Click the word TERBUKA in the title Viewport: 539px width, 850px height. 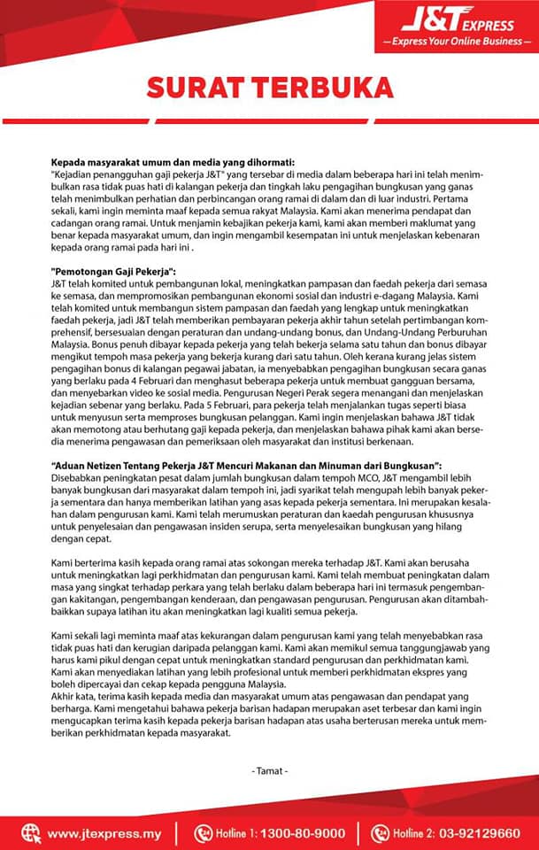tap(321, 87)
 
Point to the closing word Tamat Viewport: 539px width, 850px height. tap(269, 770)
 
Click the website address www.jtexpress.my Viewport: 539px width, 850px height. tap(104, 832)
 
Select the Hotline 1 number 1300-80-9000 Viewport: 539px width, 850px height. tap(304, 832)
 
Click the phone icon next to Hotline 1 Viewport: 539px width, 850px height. tap(203, 832)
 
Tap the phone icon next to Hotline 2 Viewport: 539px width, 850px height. tap(380, 832)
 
